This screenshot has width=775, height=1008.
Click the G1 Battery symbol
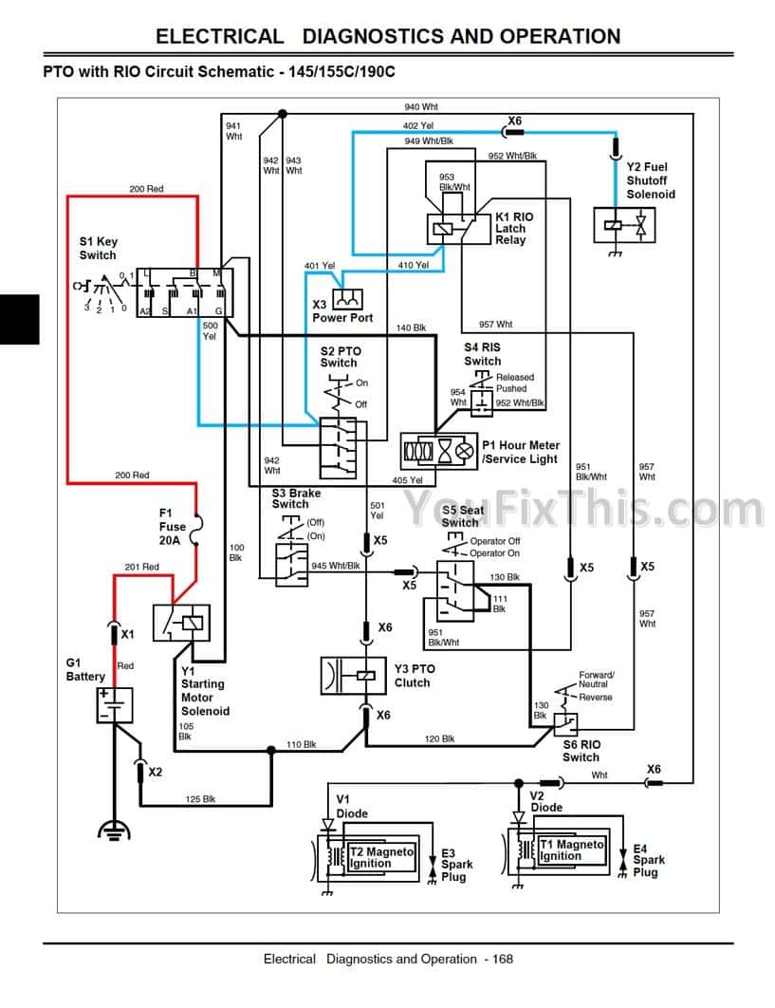(115, 705)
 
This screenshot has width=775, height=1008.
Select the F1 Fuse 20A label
(173, 527)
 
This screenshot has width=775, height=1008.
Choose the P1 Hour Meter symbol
(438, 451)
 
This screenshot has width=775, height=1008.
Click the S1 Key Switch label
(98, 249)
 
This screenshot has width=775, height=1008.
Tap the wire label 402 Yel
(417, 125)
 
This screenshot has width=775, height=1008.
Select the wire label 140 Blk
(411, 327)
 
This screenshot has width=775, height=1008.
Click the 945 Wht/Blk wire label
(336, 567)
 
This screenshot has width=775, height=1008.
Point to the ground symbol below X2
(115, 831)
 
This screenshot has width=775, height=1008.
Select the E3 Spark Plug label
(456, 864)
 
